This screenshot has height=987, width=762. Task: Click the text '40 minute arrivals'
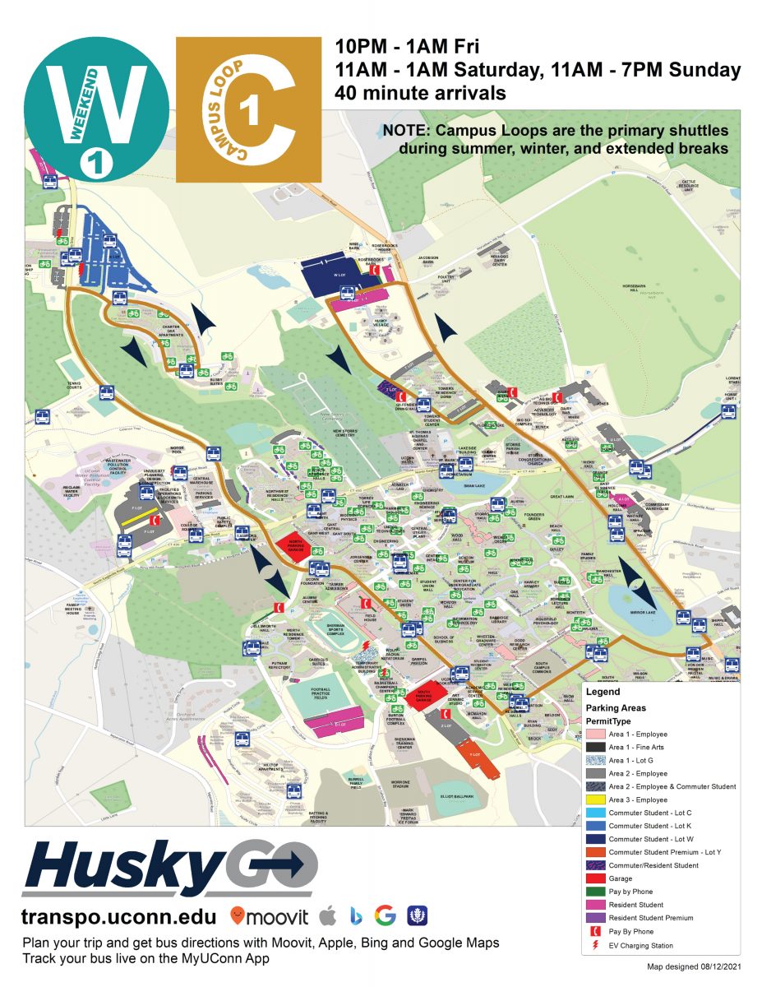tap(420, 93)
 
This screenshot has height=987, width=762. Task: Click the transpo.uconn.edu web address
tap(120, 916)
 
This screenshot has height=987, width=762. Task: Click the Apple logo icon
tap(327, 915)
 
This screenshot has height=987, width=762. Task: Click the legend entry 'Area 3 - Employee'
tap(638, 799)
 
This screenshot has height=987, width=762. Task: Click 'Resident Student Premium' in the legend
tap(650, 918)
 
